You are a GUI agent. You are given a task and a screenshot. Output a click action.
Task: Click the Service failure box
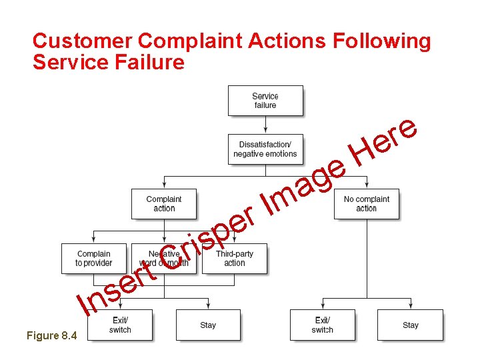[x=265, y=101]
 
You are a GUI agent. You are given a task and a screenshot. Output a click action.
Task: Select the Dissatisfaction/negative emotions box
[x=265, y=149]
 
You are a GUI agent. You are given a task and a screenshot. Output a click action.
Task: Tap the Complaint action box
[x=164, y=204]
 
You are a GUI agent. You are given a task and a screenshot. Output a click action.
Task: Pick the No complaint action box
[x=367, y=204]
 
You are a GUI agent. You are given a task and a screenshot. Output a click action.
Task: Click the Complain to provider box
[x=94, y=259]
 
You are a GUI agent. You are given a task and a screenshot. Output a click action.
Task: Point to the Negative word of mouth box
[x=164, y=259]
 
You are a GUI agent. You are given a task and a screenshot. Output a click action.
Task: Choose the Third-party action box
[x=235, y=259]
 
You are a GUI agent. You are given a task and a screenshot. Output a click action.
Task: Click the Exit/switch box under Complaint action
[x=120, y=325]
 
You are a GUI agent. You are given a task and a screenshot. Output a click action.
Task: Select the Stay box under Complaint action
[x=208, y=325]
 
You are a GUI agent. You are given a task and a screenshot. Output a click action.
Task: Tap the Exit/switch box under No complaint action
[x=323, y=325]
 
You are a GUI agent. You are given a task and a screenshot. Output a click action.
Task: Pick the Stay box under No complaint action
[x=410, y=325]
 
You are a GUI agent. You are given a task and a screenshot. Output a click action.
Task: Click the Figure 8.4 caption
[x=52, y=335]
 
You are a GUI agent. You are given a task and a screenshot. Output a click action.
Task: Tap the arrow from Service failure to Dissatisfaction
[x=265, y=125]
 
